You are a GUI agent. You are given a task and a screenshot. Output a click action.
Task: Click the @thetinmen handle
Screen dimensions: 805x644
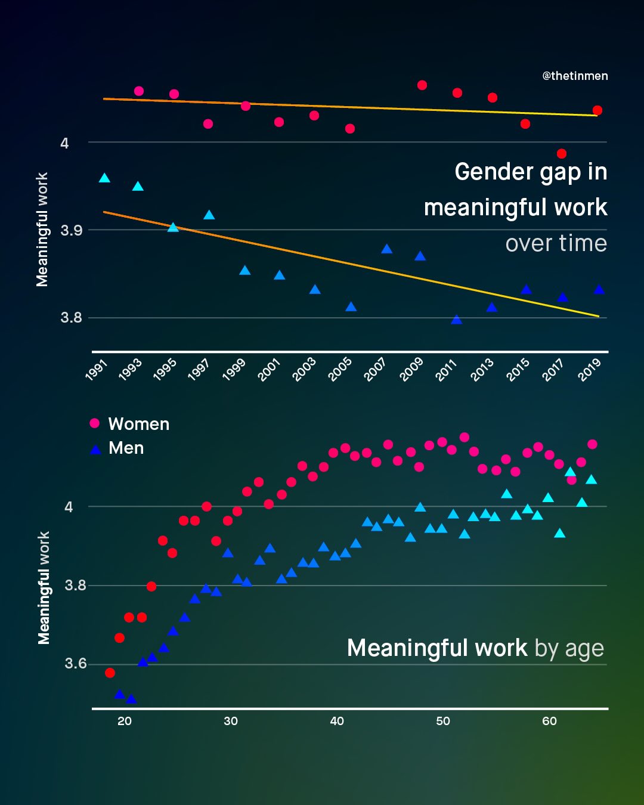575,76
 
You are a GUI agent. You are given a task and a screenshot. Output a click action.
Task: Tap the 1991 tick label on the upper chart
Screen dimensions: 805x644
96,370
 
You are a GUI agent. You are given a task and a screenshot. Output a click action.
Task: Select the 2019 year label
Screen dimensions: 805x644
589,370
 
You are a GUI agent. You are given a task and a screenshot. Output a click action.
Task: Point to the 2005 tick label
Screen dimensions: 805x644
340,370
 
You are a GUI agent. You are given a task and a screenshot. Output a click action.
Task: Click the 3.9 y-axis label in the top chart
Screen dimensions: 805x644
72,230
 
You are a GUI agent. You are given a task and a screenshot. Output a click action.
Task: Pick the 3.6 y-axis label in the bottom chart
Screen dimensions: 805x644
76,664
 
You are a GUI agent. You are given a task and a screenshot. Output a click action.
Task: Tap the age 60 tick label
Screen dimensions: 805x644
549,721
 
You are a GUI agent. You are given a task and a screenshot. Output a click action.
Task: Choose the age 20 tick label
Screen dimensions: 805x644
125,721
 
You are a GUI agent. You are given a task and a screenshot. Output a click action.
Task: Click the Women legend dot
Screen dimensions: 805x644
94,423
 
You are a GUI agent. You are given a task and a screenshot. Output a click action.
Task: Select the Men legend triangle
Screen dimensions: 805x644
95,450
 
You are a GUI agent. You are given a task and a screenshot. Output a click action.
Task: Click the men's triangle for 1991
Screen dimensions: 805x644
104,178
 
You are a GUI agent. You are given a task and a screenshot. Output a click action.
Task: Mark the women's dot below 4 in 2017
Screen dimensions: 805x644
561,154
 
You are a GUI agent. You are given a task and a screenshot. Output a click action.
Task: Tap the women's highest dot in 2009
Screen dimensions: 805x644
422,85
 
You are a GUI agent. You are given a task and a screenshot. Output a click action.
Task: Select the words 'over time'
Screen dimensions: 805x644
556,243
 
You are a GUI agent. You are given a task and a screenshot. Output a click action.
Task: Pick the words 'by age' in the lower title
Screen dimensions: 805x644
569,648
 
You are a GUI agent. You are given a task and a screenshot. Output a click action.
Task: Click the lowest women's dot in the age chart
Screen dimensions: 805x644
110,673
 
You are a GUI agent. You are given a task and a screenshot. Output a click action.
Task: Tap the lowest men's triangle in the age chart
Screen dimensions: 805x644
131,699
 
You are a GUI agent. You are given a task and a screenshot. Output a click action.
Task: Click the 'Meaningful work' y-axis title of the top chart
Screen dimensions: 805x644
42,230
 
